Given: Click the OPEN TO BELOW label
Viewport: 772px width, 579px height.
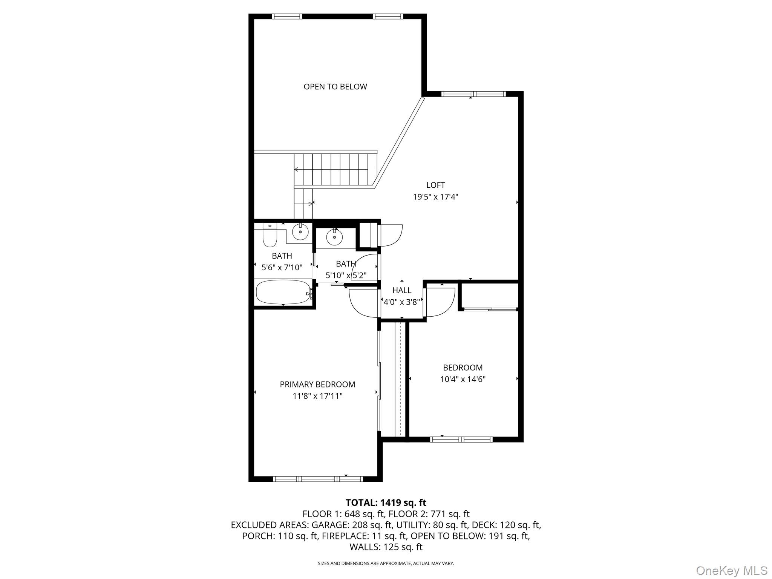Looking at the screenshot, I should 335,87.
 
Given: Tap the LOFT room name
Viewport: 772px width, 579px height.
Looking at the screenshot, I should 435,185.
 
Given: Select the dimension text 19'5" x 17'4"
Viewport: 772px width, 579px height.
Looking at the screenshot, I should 435,197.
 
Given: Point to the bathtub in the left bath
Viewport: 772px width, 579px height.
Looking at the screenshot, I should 283,292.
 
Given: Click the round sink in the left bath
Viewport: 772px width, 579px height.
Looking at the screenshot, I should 300,231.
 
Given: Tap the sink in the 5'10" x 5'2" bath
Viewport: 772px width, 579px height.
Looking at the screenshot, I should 334,237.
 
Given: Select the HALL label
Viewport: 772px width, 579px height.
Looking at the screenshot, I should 402,290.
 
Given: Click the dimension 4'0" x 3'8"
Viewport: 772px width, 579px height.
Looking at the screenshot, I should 402,302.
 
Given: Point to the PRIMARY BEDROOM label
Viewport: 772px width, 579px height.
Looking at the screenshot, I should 317,384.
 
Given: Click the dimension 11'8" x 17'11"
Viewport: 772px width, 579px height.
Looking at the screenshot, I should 317,396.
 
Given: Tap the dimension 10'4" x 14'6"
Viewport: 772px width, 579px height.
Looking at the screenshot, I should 463,379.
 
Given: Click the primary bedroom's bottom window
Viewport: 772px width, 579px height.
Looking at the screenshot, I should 318,479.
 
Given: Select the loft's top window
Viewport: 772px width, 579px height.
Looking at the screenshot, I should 473,94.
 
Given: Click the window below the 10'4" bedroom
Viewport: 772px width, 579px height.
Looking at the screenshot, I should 461,439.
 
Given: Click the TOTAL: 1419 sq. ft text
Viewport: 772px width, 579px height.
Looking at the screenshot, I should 386,502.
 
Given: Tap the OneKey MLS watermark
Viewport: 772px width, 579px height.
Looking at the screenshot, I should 731,570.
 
